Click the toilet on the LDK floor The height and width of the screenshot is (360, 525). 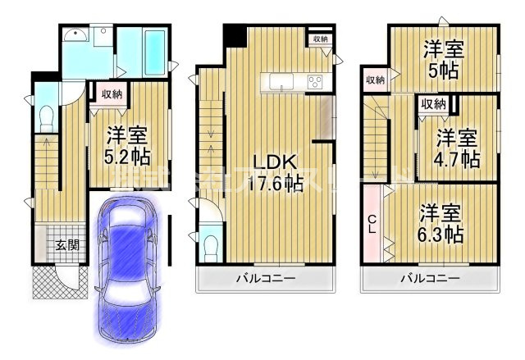(x=211, y=245)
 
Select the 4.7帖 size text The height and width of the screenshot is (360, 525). (x=457, y=158)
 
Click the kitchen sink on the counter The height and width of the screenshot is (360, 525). (x=280, y=81)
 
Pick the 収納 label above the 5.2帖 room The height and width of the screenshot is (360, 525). (x=112, y=94)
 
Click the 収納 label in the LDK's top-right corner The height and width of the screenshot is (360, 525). (x=319, y=39)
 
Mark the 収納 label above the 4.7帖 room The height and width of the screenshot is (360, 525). (x=434, y=103)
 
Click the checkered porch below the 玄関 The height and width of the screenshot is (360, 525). (x=52, y=281)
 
